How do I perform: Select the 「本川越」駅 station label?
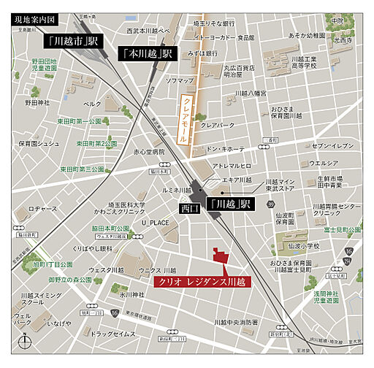(146, 53)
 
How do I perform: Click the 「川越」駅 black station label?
(229, 205)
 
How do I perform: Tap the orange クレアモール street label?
(183, 121)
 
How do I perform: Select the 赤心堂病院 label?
(149, 151)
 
